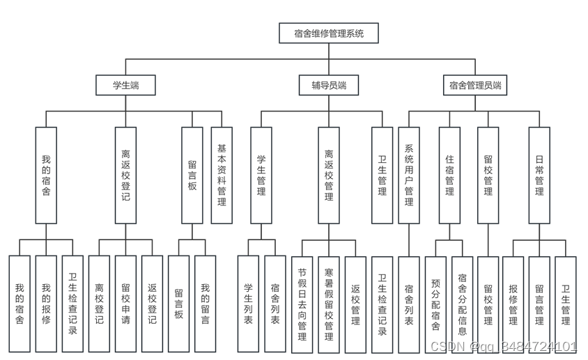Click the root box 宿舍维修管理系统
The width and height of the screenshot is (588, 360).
[329, 33]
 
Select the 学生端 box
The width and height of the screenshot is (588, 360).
[125, 86]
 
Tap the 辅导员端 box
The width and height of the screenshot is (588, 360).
[329, 86]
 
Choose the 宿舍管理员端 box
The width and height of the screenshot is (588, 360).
[475, 86]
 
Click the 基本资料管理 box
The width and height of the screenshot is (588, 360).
[222, 175]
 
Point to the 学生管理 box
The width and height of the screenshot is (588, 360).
[261, 175]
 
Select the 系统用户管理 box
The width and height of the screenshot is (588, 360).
[409, 175]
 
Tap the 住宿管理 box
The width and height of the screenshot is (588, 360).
[449, 175]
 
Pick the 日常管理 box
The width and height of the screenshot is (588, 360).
[539, 175]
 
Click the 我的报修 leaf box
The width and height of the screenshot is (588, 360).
[46, 304]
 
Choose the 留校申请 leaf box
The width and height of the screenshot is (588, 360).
[125, 304]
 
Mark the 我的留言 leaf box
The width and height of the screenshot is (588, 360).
[205, 304]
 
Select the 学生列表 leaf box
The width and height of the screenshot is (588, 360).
[248, 304]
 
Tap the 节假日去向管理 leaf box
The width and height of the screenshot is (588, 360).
[302, 304]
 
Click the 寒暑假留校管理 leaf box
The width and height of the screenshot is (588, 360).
[329, 304]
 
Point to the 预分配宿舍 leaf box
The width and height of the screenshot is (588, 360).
[435, 304]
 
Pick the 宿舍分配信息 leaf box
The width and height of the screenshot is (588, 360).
[462, 304]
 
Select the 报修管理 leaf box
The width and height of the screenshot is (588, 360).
[513, 304]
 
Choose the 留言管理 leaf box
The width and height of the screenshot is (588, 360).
[539, 304]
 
